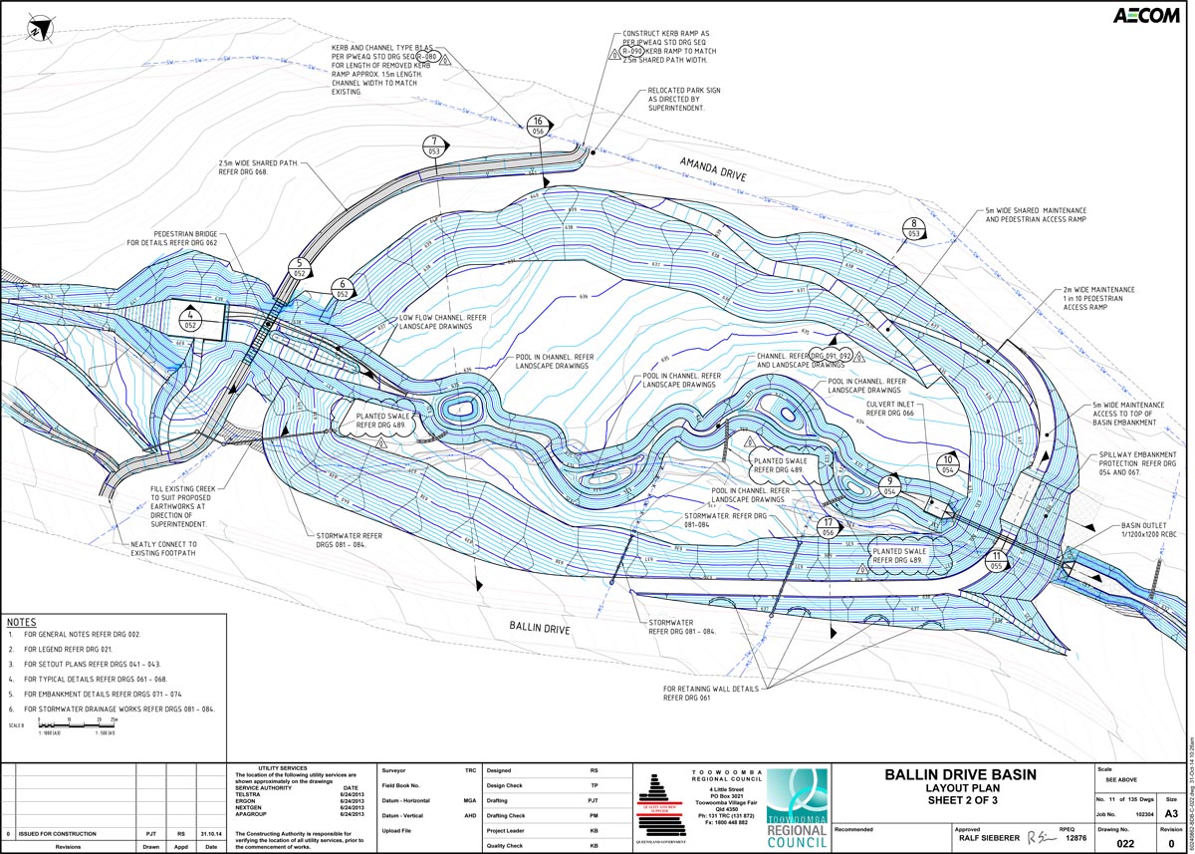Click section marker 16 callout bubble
point(539,125)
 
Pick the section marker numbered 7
point(434,145)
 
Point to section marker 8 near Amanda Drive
point(913,228)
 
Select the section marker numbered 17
point(828,527)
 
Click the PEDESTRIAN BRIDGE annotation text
point(171,238)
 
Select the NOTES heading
point(21,620)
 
